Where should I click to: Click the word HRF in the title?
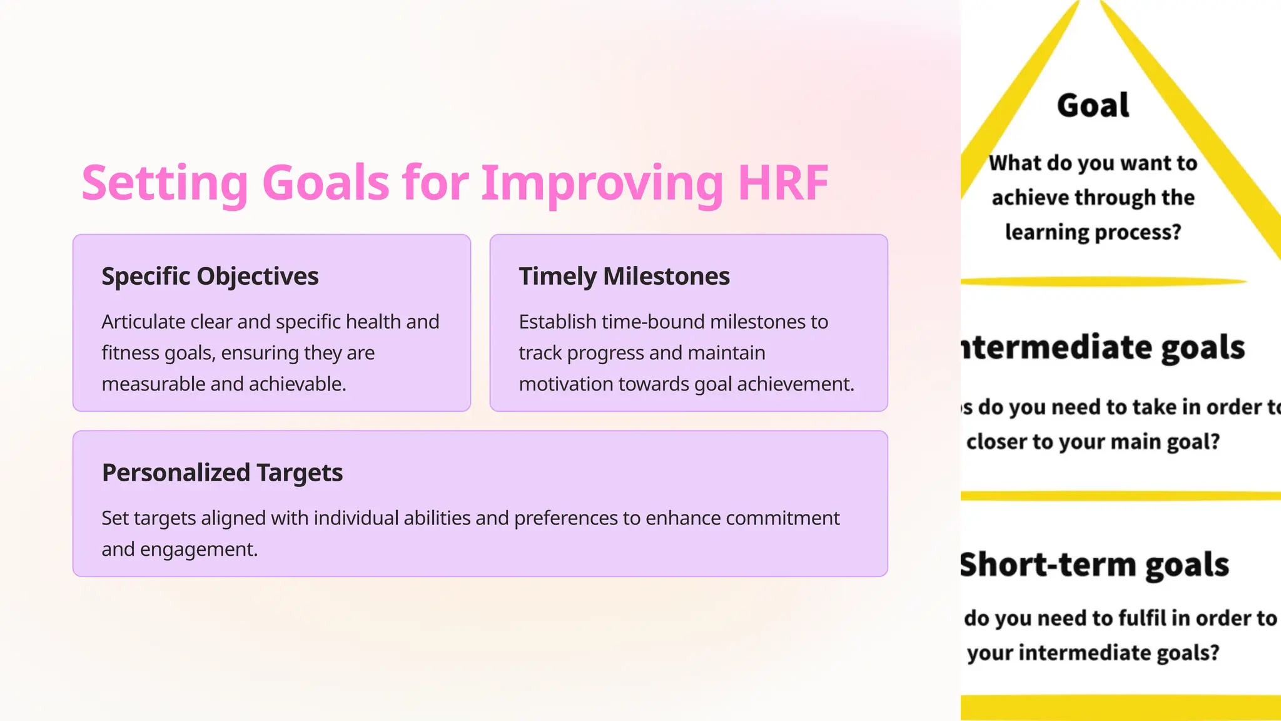[x=783, y=183]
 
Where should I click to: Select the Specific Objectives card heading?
[x=210, y=276]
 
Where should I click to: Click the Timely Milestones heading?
[x=624, y=276]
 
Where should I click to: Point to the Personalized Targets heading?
[x=222, y=473]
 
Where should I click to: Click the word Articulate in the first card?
[x=143, y=322]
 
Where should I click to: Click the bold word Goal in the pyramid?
[x=1093, y=105]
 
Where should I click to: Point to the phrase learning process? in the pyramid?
[x=1093, y=232]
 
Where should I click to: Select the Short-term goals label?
[x=1095, y=565]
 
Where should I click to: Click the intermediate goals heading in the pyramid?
[x=1103, y=347]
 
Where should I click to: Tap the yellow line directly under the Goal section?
[x=1103, y=282]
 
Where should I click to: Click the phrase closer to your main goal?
[x=1093, y=442]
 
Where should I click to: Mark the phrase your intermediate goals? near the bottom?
[x=1093, y=653]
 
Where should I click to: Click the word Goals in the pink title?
[x=326, y=183]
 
